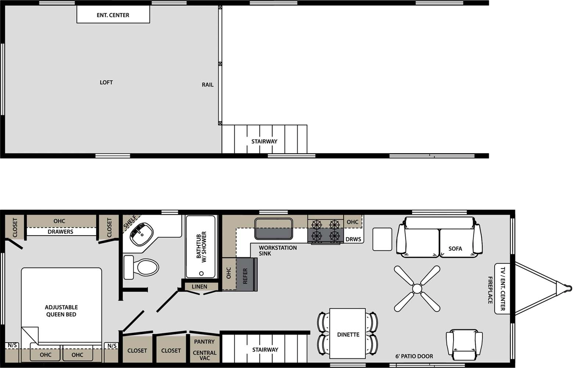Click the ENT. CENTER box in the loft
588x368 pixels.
(113, 15)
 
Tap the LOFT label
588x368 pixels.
(106, 82)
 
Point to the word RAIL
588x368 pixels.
(208, 85)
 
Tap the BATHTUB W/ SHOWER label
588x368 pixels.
(201, 247)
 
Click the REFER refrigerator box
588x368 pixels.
(246, 275)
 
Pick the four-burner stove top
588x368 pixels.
(326, 230)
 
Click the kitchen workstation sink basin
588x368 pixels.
(274, 228)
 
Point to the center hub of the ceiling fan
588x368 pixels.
(417, 289)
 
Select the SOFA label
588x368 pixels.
(455, 249)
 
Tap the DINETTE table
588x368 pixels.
(348, 333)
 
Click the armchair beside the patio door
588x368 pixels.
(464, 344)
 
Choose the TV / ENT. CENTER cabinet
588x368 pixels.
(502, 289)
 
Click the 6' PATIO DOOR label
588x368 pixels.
(414, 356)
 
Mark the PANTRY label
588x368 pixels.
(204, 342)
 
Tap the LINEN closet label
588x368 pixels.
(200, 286)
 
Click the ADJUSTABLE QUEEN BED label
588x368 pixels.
(61, 311)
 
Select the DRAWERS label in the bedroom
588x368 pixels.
(60, 232)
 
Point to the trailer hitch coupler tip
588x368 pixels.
(569, 288)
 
